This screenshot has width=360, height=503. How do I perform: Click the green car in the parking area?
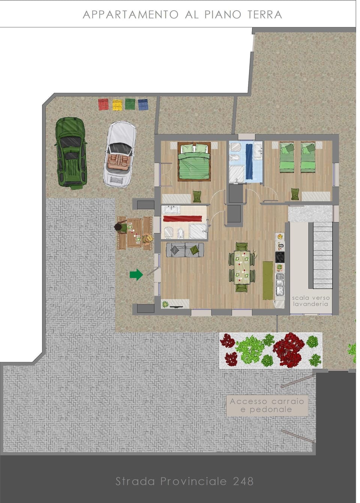[x=71, y=152]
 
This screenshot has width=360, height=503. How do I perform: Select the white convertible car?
[x=120, y=154]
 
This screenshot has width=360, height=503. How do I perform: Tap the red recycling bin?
[x=103, y=104]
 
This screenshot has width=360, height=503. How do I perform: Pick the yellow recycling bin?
[x=117, y=105]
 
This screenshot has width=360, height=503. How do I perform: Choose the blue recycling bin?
[x=143, y=104]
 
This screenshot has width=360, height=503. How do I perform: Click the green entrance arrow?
[x=136, y=274]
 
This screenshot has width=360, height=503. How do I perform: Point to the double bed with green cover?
[x=193, y=162]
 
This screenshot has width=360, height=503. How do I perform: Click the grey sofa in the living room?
[x=185, y=250]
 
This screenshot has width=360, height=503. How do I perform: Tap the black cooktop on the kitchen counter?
[x=280, y=257]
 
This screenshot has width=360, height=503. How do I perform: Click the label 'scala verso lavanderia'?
[x=311, y=301]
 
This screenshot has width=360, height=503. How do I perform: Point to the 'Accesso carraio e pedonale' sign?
[x=267, y=405]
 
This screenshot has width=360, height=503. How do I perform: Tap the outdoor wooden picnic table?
[x=134, y=233]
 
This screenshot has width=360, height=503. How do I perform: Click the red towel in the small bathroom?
[x=183, y=219]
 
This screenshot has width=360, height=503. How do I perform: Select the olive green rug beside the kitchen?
[x=268, y=280]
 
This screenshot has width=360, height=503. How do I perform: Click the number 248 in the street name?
[x=243, y=481]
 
